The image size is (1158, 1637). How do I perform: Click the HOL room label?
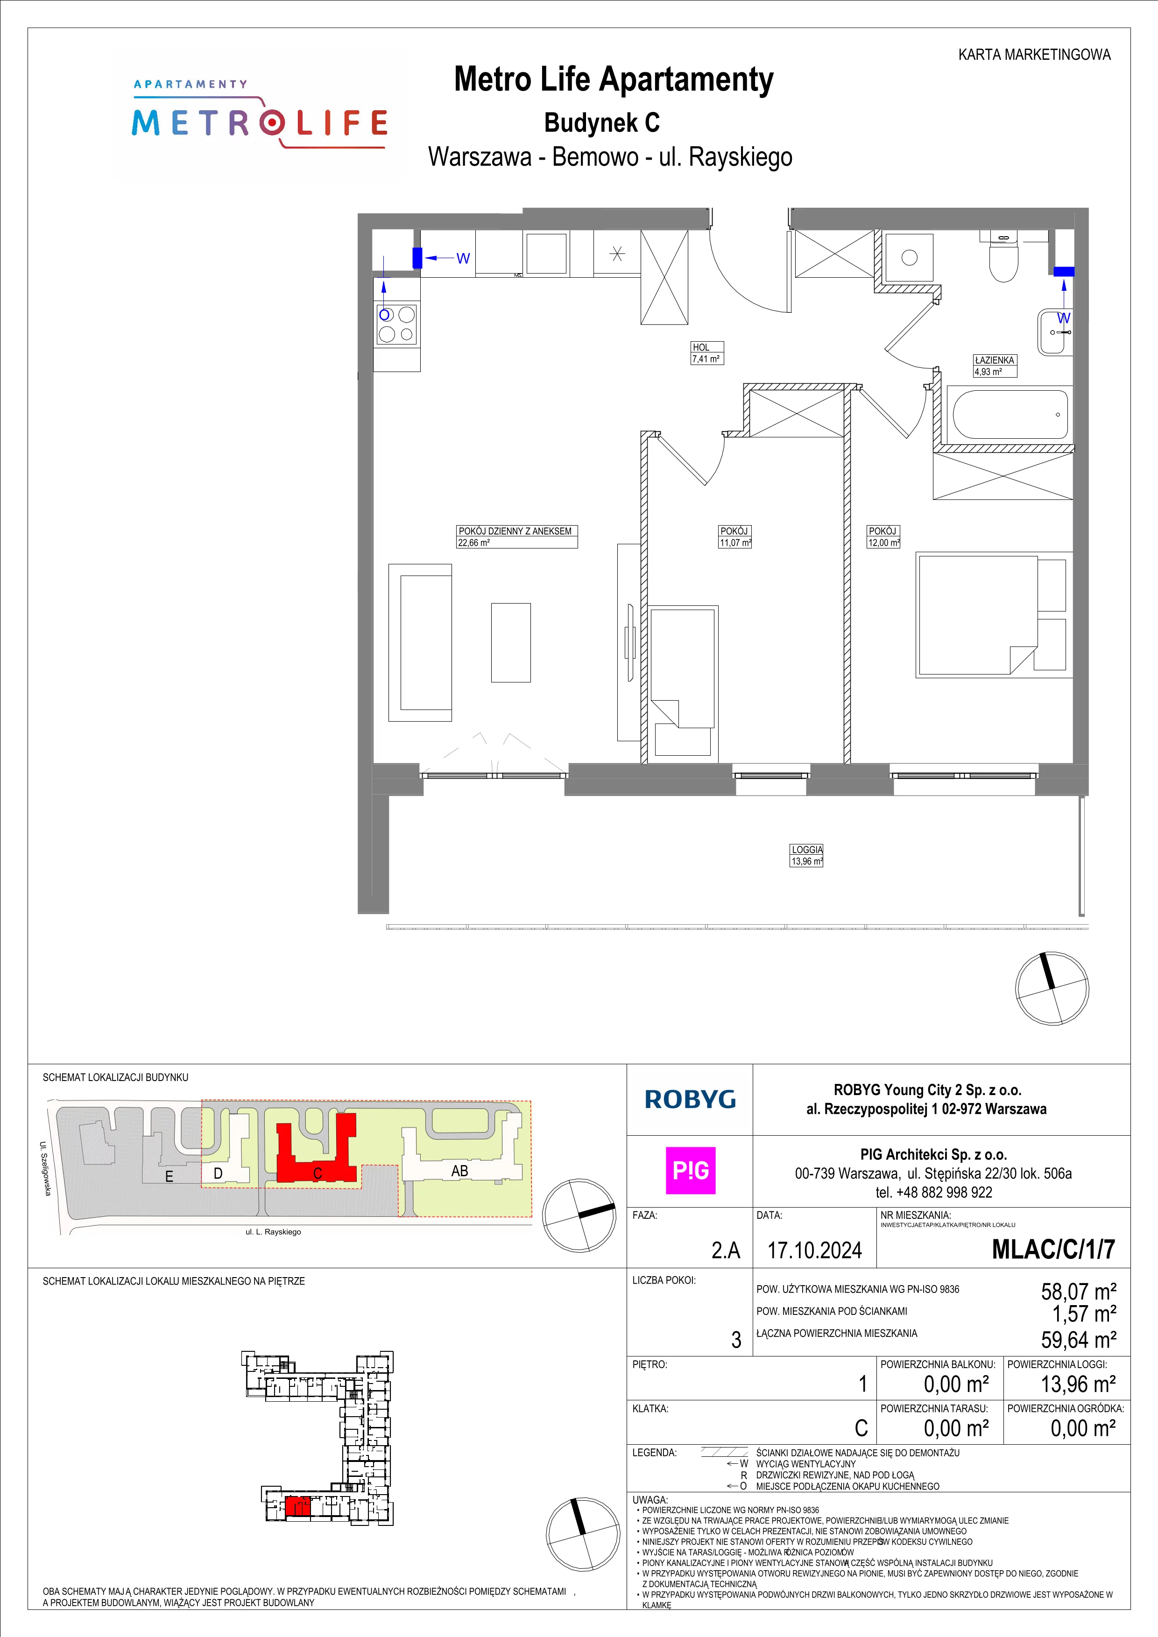(700, 347)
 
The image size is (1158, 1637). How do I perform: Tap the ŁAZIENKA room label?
(995, 360)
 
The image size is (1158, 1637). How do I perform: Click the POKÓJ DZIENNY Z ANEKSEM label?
(515, 531)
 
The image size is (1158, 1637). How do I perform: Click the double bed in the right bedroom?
(977, 615)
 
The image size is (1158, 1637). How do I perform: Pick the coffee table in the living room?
(510, 642)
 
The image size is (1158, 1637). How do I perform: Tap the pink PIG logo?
(690, 1171)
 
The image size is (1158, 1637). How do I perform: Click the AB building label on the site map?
(460, 1171)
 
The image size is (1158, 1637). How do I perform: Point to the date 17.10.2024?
(814, 1250)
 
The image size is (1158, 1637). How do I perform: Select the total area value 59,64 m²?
(1079, 1340)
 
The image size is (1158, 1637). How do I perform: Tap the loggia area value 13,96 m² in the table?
(1079, 1384)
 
